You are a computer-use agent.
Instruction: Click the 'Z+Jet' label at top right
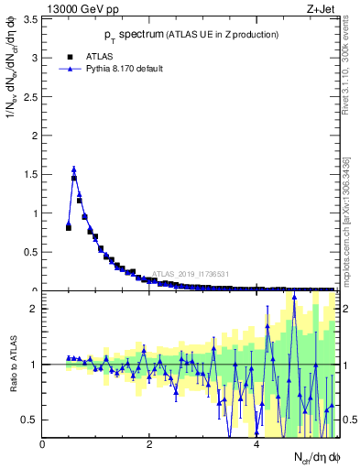[322, 8]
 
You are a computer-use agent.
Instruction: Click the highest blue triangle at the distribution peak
[74, 169]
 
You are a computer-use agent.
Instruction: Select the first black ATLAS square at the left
[69, 227]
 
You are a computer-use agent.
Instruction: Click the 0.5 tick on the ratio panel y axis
[30, 420]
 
